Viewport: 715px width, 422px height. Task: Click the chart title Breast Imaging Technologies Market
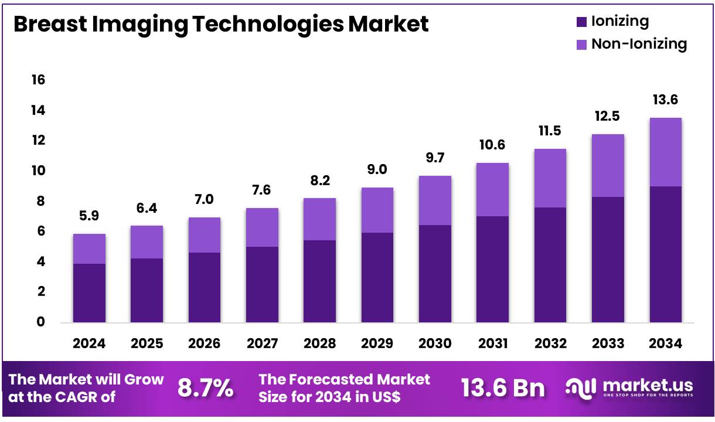point(220,24)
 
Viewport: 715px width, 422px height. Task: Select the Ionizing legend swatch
point(581,22)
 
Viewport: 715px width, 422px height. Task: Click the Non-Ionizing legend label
point(639,44)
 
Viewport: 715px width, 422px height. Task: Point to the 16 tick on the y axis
point(38,80)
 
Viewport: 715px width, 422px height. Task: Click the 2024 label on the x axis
point(89,343)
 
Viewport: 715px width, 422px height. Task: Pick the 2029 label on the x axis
point(377,343)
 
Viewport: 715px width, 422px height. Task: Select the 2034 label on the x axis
point(666,343)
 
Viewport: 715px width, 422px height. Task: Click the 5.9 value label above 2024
point(89,216)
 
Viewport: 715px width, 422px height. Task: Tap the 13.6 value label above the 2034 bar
point(666,100)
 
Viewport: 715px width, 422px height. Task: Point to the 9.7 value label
point(435,158)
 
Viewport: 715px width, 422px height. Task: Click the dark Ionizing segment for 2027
point(262,284)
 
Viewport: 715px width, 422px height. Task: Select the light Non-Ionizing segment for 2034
point(665,152)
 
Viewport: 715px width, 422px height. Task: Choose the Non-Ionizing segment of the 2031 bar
point(492,189)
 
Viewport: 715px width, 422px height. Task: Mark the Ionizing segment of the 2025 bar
point(147,290)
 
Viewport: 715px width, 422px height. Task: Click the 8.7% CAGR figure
point(205,388)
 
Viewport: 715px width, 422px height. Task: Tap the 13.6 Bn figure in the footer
point(503,388)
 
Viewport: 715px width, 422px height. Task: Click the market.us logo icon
point(581,387)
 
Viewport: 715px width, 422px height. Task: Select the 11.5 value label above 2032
point(550,130)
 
